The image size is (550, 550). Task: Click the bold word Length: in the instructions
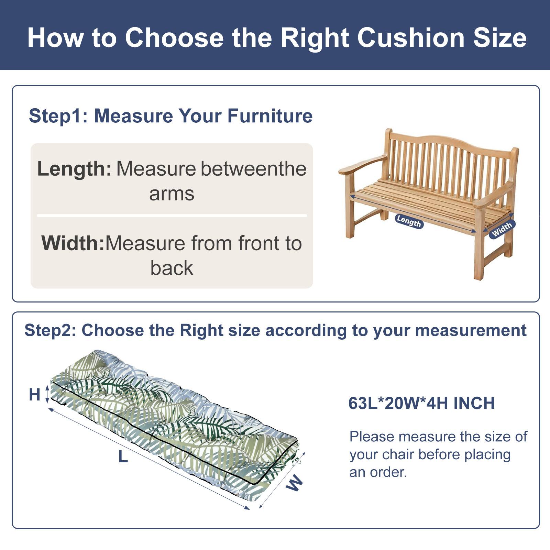[x=74, y=169]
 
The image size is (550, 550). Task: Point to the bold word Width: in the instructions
[x=73, y=243]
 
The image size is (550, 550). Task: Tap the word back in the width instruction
[x=172, y=268]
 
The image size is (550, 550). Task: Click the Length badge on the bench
[x=409, y=221]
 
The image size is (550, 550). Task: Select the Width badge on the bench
[x=502, y=229]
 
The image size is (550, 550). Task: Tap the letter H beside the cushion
[x=35, y=395]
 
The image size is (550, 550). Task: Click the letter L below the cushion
[x=123, y=457]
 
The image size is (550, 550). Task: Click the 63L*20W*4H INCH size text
[x=421, y=404]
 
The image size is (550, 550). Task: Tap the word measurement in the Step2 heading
[x=471, y=330]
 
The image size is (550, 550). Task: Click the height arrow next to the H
[x=47, y=394]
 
